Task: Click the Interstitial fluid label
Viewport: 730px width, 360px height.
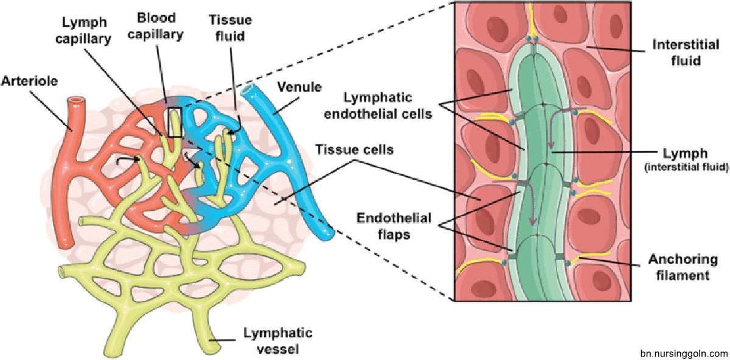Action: coord(678,53)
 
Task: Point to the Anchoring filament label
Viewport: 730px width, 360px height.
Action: coord(681,267)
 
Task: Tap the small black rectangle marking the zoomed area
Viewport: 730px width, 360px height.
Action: coord(175,122)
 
